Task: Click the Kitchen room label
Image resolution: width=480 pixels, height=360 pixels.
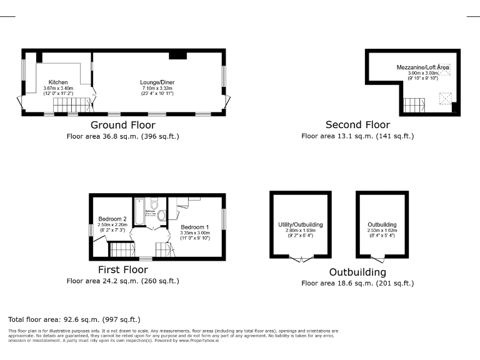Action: click(58, 82)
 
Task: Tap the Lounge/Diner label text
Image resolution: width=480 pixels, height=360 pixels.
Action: click(157, 82)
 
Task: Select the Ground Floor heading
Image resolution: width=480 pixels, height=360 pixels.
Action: click(123, 125)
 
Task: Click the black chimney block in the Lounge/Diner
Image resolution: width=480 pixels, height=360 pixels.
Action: click(177, 56)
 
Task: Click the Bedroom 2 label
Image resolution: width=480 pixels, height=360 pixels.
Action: click(112, 219)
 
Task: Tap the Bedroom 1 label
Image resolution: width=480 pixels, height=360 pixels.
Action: click(195, 226)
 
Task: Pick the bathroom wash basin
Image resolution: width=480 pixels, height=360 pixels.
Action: click(162, 216)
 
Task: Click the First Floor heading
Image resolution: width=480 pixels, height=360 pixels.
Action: click(123, 270)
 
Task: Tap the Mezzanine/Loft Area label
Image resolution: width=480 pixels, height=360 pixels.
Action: click(422, 67)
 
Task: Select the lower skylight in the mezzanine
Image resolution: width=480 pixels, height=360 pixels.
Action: click(446, 99)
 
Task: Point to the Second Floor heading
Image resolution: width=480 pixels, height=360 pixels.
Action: click(357, 125)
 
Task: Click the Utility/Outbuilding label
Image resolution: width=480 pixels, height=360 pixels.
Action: click(299, 224)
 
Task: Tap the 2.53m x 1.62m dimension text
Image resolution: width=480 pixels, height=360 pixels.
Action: click(382, 231)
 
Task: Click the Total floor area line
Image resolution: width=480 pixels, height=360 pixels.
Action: click(74, 319)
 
